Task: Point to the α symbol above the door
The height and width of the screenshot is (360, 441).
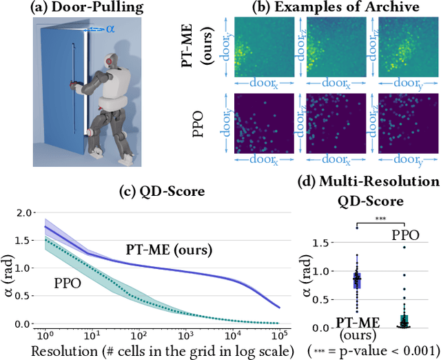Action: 111,28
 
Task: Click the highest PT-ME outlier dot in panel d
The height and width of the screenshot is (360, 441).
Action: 356,226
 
